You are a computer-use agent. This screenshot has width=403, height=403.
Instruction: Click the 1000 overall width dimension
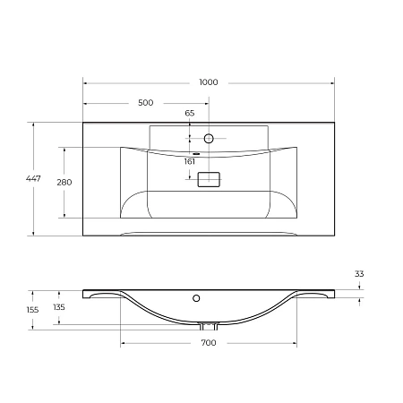point(209,82)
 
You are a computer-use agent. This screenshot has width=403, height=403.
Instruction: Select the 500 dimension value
point(145,102)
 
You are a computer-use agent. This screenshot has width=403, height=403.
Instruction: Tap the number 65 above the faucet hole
point(189,113)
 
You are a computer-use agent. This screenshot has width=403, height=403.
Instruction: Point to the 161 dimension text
point(189,162)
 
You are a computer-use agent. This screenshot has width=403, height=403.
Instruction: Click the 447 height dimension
point(33,180)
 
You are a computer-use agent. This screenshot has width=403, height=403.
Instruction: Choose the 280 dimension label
point(64,182)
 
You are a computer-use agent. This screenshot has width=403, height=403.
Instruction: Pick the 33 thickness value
point(360,274)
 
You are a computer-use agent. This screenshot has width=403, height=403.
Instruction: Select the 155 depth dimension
point(32,310)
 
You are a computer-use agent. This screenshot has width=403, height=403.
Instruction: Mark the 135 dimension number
point(59,307)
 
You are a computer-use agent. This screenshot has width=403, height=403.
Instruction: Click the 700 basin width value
point(208,343)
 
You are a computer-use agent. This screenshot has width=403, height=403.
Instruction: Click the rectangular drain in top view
point(209,180)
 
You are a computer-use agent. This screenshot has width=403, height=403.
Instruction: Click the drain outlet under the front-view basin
point(208,325)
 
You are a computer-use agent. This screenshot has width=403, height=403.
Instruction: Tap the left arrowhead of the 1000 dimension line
point(85,82)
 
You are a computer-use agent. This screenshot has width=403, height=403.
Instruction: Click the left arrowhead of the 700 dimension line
point(123,343)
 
